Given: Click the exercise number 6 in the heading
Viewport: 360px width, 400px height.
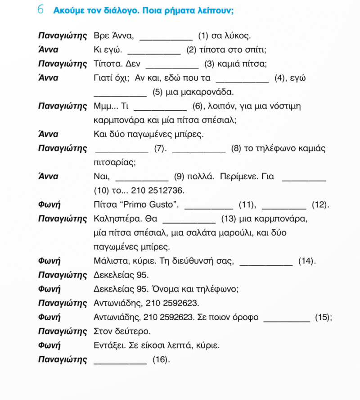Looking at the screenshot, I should click(x=40, y=10).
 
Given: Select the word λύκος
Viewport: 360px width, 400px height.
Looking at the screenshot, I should click(x=237, y=36).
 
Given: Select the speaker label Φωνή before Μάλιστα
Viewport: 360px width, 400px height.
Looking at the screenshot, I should click(x=49, y=261).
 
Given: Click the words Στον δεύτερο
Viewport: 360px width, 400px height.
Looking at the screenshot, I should click(x=122, y=332).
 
